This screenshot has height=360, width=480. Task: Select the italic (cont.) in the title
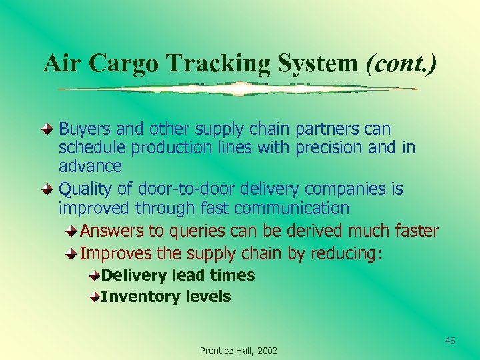pos(401,63)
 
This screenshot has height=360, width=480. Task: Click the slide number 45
pos(450,341)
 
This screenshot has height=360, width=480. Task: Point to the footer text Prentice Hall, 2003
pos(239,351)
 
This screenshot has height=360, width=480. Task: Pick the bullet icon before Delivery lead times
pos(95,275)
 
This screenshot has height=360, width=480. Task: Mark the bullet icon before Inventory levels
pos(95,297)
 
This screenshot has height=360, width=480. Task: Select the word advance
pos(90,165)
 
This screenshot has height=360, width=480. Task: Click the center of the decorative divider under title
pos(239,89)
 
